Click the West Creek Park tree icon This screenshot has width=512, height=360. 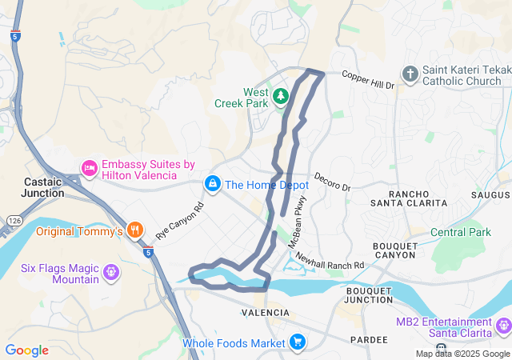point(280,98)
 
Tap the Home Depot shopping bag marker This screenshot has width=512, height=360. point(213,184)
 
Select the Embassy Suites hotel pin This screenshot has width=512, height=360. point(89,168)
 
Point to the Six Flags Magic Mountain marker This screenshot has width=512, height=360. point(111,272)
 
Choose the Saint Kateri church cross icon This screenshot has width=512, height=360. point(410,74)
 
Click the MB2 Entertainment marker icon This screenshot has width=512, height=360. point(503,326)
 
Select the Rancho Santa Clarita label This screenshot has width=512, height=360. point(418,198)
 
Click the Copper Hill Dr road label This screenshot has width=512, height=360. point(368,80)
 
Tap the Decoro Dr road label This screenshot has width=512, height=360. point(332,182)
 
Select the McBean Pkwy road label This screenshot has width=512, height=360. point(300,214)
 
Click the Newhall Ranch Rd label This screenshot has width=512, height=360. point(329,260)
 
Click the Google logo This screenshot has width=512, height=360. point(26,350)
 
